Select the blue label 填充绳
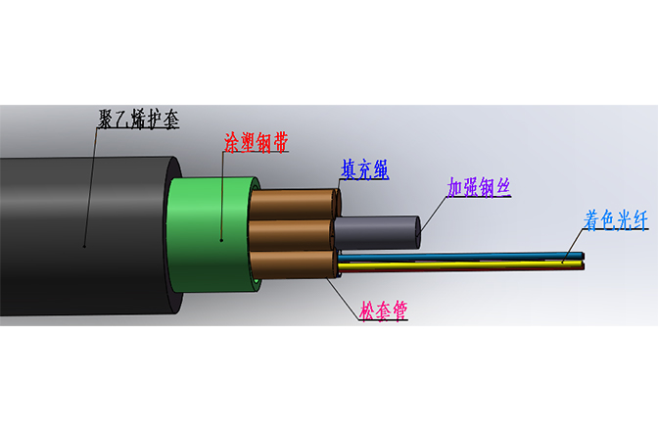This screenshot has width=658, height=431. [364, 168]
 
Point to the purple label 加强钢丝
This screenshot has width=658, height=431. [480, 187]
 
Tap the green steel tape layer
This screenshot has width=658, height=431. [211, 235]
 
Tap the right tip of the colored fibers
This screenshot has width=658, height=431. [583, 262]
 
